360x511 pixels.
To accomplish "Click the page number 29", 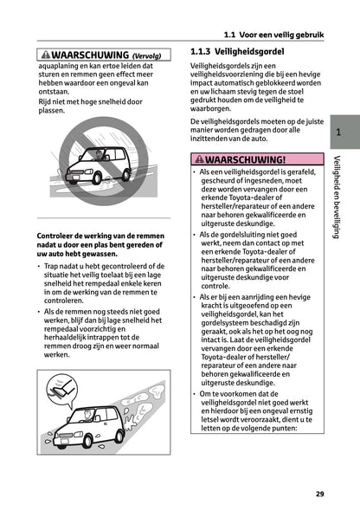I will click(319, 494).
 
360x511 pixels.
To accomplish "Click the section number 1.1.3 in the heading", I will click(203, 52).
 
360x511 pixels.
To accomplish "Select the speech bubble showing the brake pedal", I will click(65, 385).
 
